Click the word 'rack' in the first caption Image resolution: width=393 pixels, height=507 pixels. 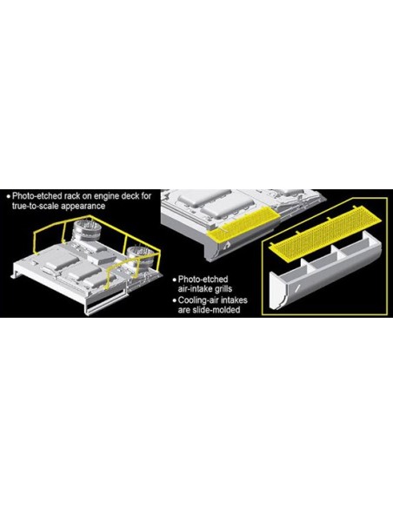[73, 196]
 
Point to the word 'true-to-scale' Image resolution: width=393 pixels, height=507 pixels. [37, 206]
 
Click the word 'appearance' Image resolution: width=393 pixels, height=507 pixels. [83, 207]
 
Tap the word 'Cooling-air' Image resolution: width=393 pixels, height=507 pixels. [196, 300]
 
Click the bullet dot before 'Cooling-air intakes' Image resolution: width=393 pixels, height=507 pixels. [175, 300]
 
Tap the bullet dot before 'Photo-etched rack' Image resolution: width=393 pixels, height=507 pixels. [9, 196]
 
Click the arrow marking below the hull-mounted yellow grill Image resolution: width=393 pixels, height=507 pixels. [228, 245]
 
